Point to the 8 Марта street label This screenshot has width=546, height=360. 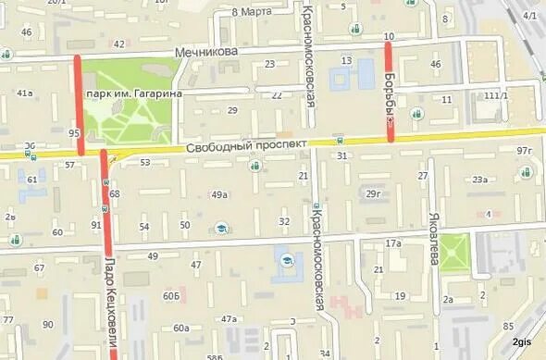point(251,12)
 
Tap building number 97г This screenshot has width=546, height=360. point(526,151)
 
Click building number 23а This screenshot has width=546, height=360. point(480,180)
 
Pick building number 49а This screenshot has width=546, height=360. point(219,195)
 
